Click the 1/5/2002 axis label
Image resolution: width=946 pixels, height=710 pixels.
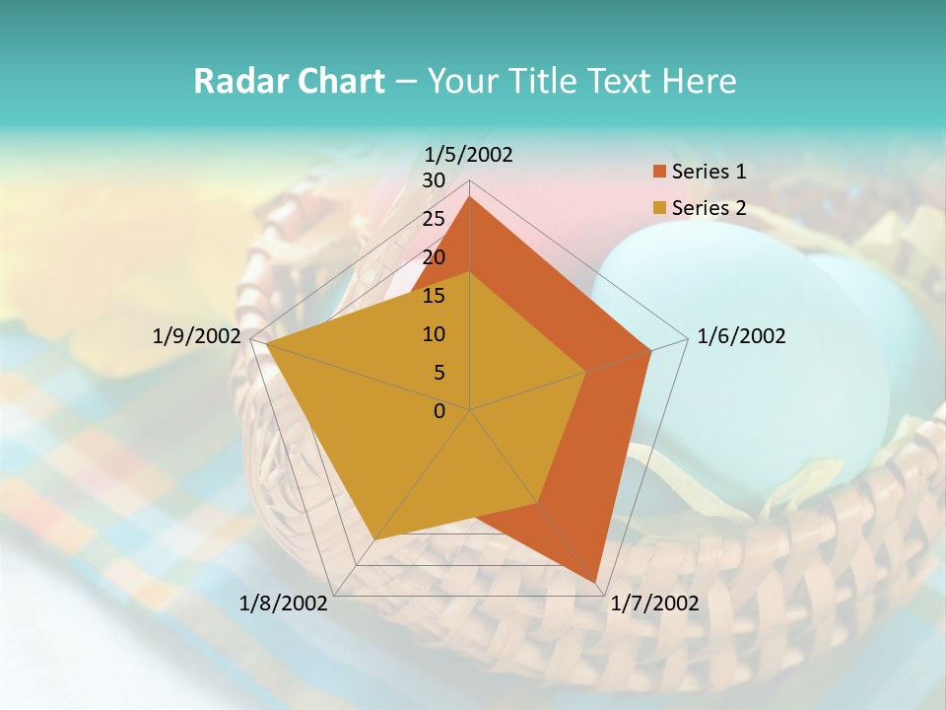(469, 154)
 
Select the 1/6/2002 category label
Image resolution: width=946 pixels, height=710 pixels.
(741, 336)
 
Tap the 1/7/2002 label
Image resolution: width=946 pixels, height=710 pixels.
(654, 603)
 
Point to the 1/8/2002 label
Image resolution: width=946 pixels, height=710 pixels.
(284, 603)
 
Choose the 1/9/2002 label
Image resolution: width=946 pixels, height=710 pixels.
(196, 336)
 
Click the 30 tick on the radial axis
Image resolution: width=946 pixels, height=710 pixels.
(434, 180)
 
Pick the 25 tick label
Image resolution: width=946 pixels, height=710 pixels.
(434, 219)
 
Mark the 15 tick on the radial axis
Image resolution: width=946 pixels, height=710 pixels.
(434, 296)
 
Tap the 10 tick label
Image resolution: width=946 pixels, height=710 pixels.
(434, 334)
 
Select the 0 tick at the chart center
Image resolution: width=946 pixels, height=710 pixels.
(439, 411)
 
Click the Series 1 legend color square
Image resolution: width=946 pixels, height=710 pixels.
(659, 173)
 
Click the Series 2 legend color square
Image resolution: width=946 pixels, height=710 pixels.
(659, 208)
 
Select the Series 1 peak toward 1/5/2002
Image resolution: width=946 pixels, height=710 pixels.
(470, 197)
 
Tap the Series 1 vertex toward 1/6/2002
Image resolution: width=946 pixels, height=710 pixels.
(650, 350)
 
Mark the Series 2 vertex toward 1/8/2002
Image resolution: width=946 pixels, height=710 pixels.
(373, 539)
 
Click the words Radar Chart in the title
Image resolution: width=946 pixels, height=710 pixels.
(288, 81)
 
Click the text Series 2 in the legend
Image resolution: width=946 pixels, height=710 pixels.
(709, 208)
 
